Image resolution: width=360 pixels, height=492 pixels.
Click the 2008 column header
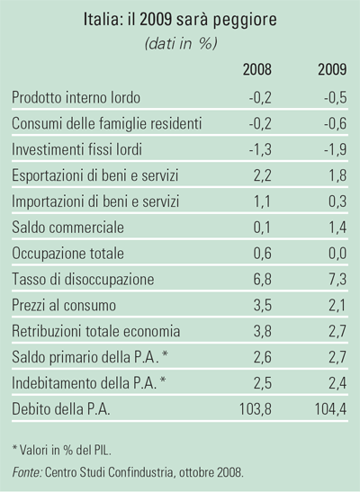point(257,69)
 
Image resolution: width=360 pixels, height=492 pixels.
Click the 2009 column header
point(332,69)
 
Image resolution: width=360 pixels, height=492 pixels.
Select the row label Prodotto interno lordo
point(76,97)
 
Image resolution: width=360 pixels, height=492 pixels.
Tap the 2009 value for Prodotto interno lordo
point(336,97)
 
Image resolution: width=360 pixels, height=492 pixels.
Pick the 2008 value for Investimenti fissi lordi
point(260,149)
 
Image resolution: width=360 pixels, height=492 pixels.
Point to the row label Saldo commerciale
point(67,228)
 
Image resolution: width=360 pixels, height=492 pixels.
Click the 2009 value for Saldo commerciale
point(337,228)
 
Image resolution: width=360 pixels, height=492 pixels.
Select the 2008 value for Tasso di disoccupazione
point(263,279)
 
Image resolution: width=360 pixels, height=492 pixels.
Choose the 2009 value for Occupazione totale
point(337,254)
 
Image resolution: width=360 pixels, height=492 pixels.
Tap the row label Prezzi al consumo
point(64,305)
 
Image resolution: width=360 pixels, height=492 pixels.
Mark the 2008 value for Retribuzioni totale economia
point(263,331)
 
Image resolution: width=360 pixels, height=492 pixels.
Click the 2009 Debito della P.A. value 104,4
point(331,409)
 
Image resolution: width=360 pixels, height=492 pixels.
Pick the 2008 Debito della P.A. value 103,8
point(256,409)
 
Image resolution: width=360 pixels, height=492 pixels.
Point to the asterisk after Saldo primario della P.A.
point(165,354)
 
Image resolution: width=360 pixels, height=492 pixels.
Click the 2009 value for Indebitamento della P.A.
point(337,383)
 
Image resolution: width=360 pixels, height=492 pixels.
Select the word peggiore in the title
point(245,21)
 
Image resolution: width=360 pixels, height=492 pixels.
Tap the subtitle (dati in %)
point(181,43)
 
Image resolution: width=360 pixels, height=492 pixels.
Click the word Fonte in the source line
point(27,472)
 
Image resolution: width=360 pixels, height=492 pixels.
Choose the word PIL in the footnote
point(103,451)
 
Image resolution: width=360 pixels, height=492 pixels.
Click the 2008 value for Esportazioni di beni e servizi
point(263,175)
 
